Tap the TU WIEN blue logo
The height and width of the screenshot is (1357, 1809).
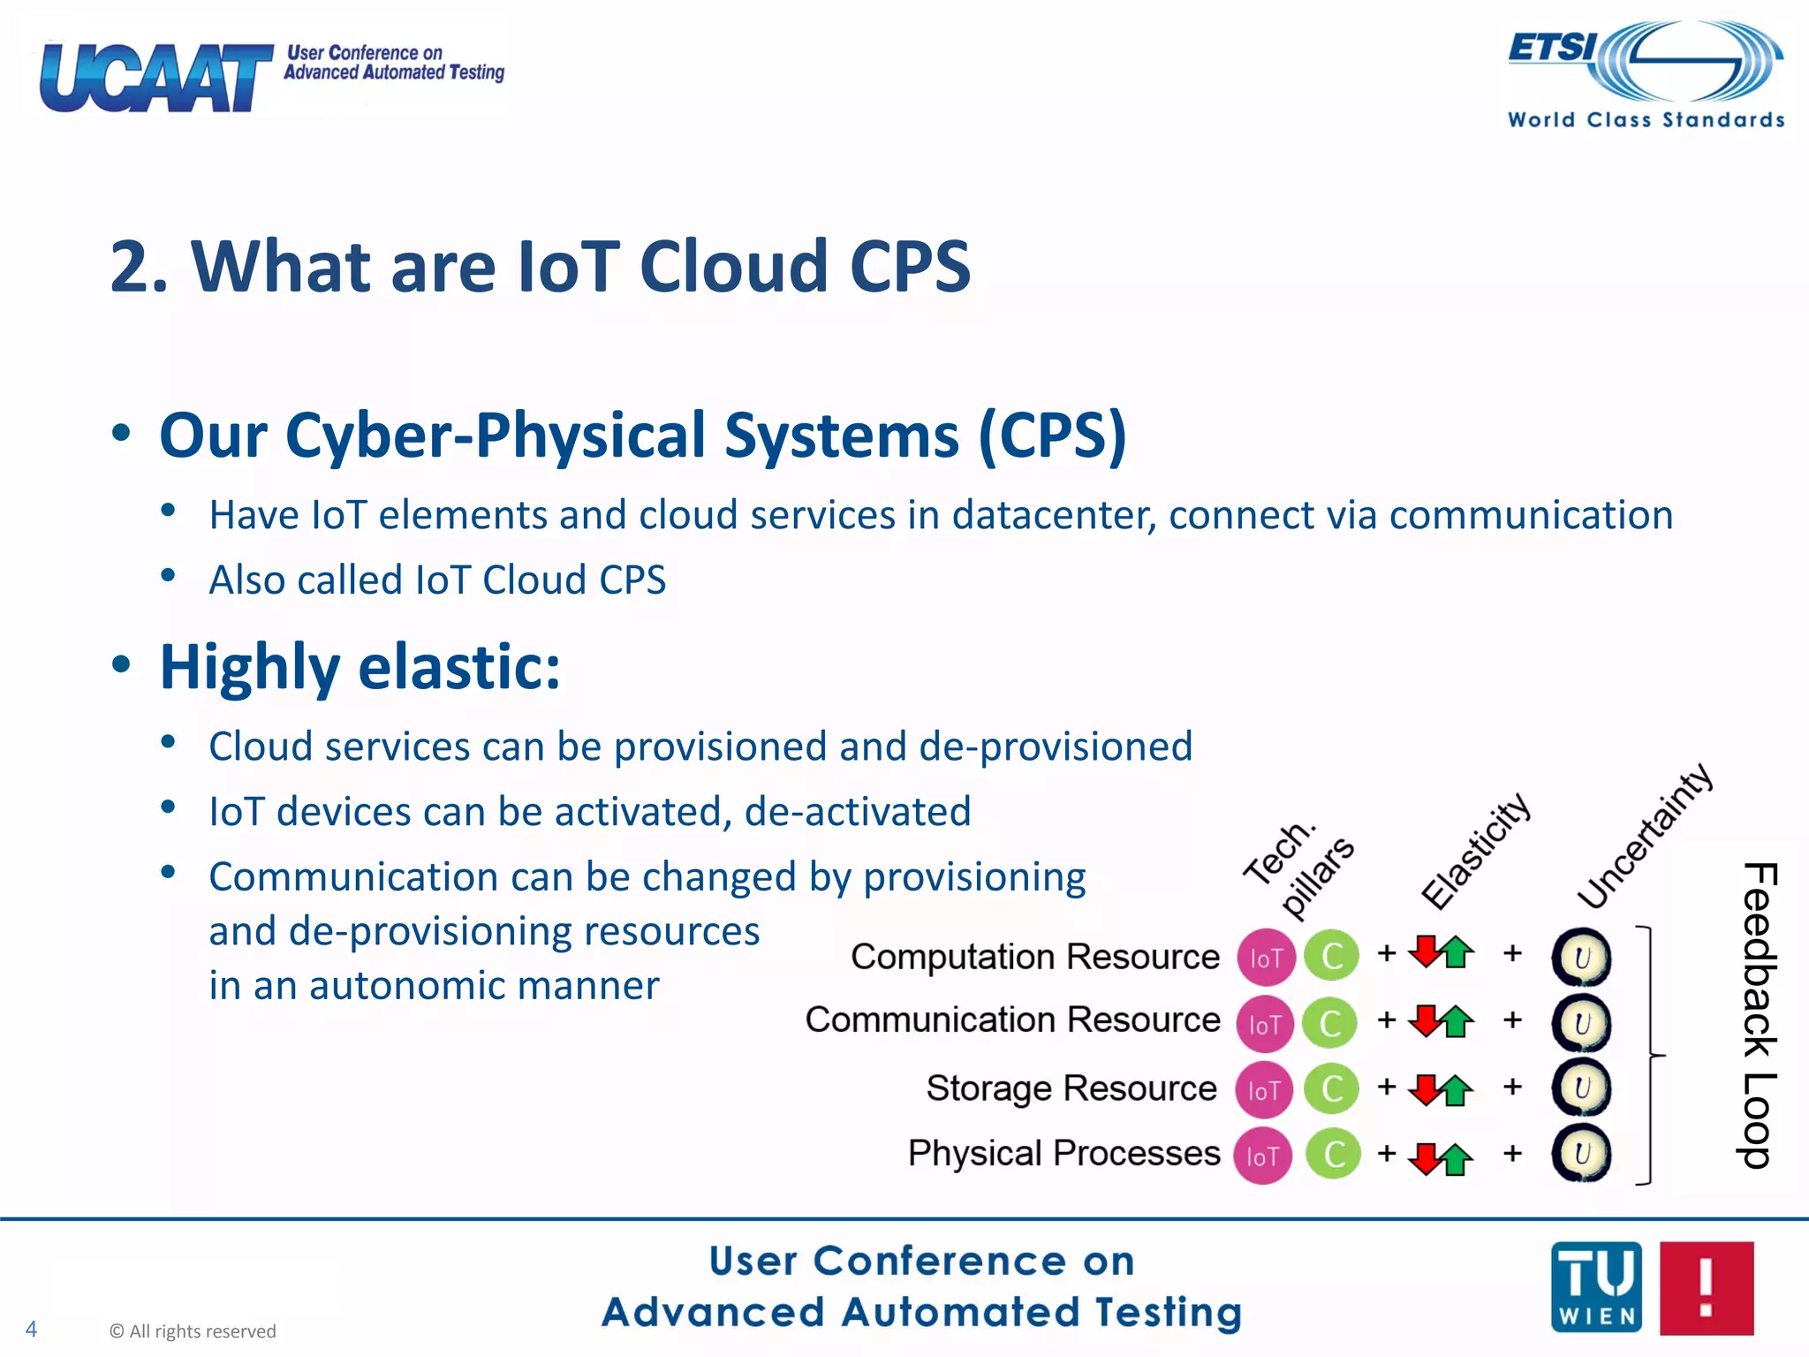1596,1287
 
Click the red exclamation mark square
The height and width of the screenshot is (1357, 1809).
1706,1287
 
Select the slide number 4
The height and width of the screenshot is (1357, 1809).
31,1329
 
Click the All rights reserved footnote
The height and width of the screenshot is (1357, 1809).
193,1331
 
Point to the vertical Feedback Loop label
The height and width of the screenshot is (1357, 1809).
1758,1016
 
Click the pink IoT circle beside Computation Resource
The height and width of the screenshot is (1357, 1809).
1266,958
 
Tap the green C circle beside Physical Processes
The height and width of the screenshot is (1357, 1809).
1333,1154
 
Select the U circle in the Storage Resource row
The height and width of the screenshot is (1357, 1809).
1581,1088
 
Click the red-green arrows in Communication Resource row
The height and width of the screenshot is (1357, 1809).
1441,1021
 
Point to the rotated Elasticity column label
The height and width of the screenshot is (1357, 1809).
1475,850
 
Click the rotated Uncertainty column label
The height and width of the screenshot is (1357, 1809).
1645,836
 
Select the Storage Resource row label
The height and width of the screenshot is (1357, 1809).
1071,1088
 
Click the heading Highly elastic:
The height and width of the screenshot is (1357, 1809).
360,667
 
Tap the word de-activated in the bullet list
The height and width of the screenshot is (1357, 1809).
857,812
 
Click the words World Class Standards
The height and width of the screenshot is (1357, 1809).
1646,120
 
